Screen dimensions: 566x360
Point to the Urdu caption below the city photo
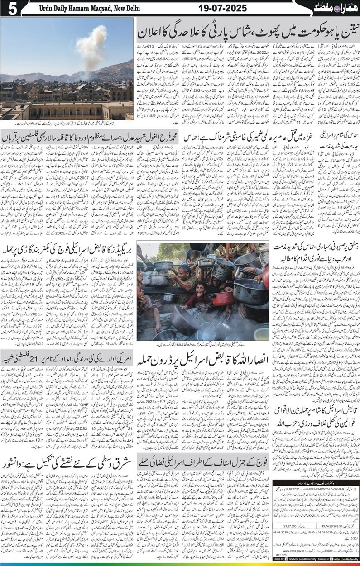(67, 124)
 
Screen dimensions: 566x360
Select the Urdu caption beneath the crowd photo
(203, 344)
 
